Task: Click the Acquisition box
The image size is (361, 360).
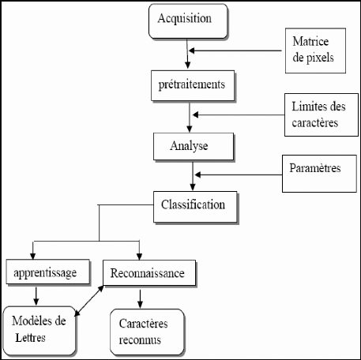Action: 188,21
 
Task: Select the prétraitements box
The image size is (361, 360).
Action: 193,86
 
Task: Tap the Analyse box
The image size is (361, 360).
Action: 194,147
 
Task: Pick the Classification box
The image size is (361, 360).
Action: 195,207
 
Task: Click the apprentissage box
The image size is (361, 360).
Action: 48,272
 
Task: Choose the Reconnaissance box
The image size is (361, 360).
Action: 149,273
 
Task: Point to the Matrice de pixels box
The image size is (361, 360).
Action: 315,51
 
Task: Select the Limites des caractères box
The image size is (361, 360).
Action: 322,114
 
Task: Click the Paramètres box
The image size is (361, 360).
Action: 319,174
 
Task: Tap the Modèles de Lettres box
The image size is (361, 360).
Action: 39,331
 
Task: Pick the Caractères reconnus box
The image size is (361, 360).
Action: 147,332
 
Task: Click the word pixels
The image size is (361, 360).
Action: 320,58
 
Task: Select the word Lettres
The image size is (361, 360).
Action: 30,338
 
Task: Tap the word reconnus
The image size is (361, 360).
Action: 140,340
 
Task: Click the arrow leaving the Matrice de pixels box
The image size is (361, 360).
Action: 235,51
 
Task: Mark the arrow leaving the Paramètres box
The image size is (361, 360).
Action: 239,174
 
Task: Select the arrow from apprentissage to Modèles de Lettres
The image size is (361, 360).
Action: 36,296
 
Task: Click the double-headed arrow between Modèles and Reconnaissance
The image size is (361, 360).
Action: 89,301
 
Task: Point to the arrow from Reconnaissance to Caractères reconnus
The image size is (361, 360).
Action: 140,298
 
